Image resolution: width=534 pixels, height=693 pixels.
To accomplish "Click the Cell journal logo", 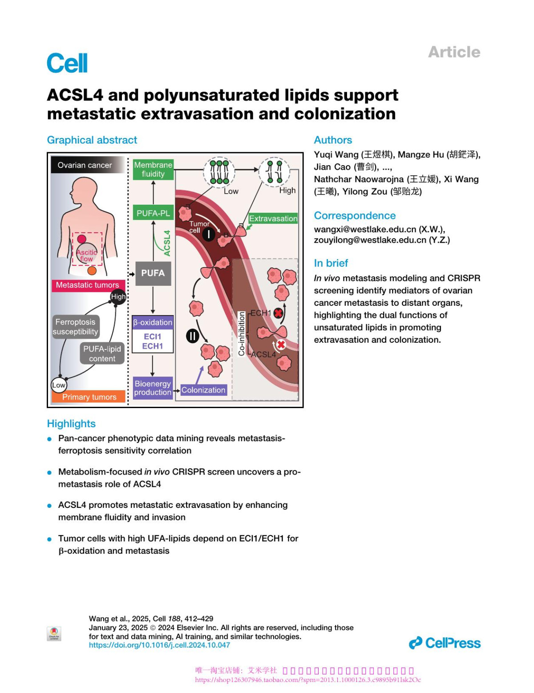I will pos(67,63).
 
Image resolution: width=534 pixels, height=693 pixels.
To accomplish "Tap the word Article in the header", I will pos(454,52).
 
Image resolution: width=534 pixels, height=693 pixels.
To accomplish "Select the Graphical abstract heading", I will pos(92,140).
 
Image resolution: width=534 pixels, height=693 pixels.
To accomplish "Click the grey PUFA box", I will pos(153,273).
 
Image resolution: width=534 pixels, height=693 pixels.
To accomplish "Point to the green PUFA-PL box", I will pos(153,213).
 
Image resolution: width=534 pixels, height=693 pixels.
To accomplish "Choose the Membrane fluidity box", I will pos(153,170).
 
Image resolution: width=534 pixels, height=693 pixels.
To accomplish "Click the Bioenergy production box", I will pos(153,388).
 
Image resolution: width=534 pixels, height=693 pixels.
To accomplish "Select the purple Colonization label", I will pos(203,390).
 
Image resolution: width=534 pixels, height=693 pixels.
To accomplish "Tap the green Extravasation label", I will pos(273,219).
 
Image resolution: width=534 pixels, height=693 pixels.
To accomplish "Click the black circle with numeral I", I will pos(209,234).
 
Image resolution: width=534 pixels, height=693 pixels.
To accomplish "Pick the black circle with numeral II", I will pos(192,336).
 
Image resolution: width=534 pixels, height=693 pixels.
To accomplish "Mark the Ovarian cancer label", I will pos(85,165).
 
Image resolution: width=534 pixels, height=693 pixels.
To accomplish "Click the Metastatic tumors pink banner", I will pos(88,285).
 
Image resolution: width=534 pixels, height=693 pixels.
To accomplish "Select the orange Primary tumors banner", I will pos(89,397).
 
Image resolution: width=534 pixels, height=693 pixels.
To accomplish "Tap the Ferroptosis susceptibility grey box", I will pos(75,327).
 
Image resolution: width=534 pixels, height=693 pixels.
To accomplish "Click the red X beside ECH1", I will pos(279,313).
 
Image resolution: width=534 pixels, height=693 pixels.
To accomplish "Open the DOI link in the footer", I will pos(159,645).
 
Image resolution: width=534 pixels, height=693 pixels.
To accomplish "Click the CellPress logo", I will pos(445,643).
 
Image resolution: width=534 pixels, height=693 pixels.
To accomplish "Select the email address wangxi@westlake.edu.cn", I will pos(365,229).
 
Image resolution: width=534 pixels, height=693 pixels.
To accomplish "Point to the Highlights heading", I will pos(71,424).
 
